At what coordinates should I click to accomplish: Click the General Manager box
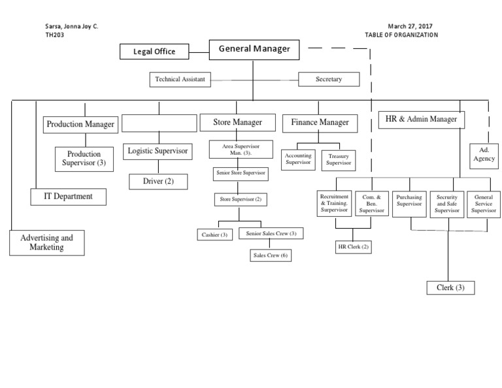click(254, 49)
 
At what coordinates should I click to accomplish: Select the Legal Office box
click(156, 52)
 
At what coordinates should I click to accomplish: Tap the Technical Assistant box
click(180, 80)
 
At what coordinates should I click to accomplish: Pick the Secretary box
click(328, 80)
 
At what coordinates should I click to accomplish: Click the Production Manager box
click(80, 123)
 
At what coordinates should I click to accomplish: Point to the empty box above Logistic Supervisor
click(159, 123)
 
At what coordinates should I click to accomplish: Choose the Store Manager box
click(238, 122)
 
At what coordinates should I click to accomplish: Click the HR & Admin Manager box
click(422, 120)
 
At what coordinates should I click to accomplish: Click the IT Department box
click(68, 196)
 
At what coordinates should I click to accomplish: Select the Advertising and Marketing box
click(46, 242)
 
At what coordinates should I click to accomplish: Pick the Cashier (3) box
click(214, 234)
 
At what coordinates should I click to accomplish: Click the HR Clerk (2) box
click(353, 246)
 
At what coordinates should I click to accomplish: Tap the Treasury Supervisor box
click(339, 159)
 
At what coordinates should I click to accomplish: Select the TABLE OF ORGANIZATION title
click(402, 35)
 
